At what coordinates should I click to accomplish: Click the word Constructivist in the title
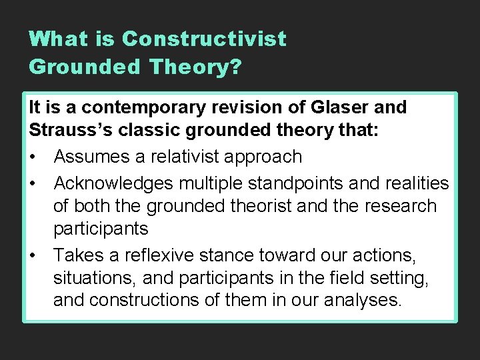click(204, 39)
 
